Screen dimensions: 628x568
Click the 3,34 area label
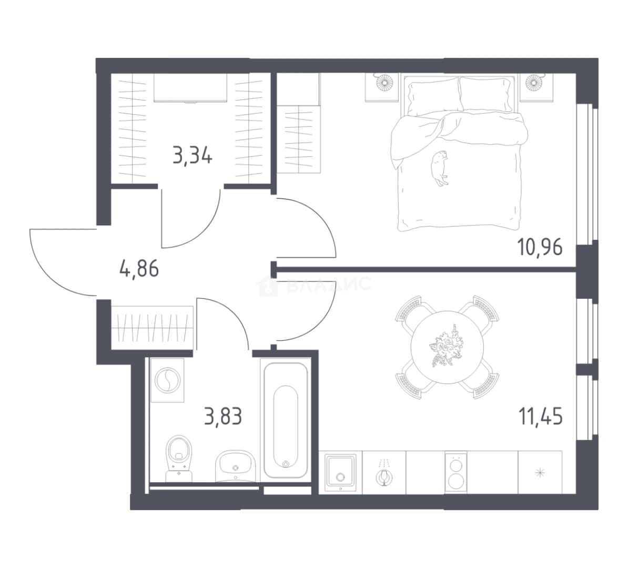point(193,156)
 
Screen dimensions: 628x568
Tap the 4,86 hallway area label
point(139,268)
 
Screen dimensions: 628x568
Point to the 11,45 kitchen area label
point(541,416)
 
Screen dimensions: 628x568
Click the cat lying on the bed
point(439,168)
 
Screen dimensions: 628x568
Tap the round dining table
point(448,347)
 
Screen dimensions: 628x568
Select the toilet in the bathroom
point(179,458)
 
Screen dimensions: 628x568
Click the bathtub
point(286,420)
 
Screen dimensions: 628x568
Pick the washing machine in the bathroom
point(167,380)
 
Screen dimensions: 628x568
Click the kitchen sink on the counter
point(340,472)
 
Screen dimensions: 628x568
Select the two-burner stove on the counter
point(456,472)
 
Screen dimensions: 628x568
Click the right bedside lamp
point(534,83)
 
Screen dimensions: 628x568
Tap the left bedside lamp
point(384,83)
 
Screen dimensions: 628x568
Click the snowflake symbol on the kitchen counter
point(540,473)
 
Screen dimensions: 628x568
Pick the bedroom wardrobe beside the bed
point(299,139)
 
